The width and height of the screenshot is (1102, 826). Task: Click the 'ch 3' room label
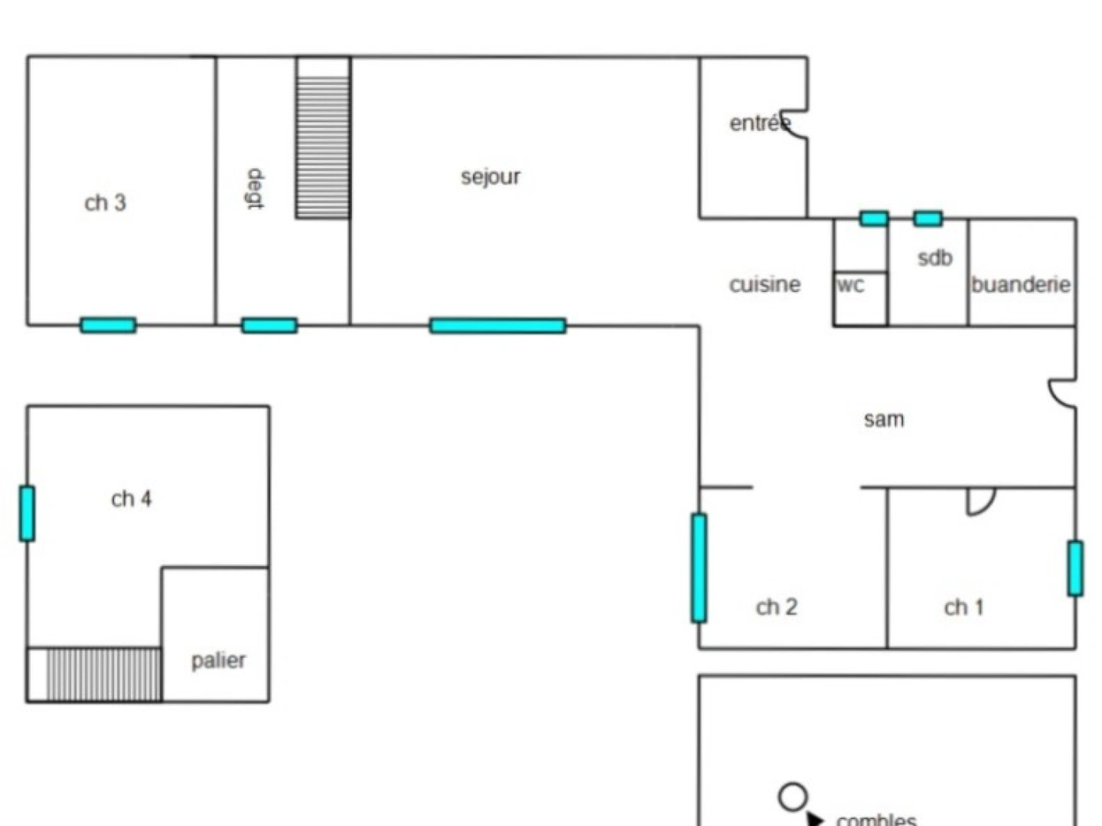point(105,203)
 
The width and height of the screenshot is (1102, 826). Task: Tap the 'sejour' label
point(491,177)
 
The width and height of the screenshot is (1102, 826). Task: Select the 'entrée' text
point(759,123)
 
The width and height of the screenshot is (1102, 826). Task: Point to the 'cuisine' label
point(765,285)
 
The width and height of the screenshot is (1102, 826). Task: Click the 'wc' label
point(851,285)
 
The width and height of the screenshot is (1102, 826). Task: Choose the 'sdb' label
point(935,258)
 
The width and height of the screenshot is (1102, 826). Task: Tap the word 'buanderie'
point(1021,285)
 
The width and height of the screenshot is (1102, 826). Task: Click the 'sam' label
point(884,419)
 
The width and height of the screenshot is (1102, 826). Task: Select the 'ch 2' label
point(776,606)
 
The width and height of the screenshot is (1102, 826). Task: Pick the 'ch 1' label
point(963,607)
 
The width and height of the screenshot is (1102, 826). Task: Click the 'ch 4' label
point(131,499)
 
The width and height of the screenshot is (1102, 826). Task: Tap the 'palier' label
point(218,661)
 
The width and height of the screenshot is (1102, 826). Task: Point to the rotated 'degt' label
point(256,189)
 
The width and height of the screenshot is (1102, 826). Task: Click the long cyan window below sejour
point(497,326)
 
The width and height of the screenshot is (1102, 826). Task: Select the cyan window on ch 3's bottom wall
point(108,325)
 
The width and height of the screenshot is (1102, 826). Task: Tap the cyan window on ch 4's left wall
point(27,513)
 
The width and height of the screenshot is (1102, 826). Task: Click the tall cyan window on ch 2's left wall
point(699,568)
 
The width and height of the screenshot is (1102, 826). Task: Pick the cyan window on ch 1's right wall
point(1075,568)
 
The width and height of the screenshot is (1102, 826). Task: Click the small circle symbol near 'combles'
point(793,796)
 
